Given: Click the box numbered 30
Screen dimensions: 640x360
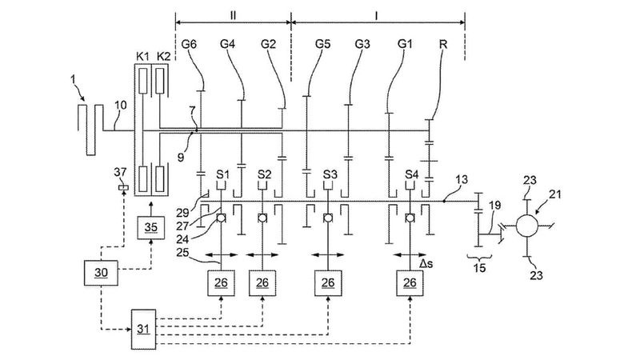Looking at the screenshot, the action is point(101,272).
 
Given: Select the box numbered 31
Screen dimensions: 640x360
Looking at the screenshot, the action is point(143,329).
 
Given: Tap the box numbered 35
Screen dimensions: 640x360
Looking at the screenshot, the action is point(150,227).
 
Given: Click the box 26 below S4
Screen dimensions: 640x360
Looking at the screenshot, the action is point(410,283).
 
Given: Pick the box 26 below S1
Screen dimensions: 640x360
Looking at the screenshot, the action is point(221,283).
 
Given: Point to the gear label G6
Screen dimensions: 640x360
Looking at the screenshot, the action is point(189,43).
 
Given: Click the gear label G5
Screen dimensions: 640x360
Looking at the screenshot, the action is point(322,43).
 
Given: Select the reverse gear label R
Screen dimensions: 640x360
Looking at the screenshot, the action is point(443,43).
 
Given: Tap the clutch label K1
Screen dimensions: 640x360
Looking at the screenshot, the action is point(142,56).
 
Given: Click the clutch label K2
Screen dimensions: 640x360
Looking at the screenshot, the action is point(163,56).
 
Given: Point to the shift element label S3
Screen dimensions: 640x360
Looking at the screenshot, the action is point(330,174).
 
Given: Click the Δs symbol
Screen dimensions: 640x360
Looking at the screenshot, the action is point(426,264).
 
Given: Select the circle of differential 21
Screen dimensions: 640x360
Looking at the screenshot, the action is point(527,226).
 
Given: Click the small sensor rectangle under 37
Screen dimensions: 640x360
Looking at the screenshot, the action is point(123,188).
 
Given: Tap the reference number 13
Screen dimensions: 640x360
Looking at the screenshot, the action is point(462,179).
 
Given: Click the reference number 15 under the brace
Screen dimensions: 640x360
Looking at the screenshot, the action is point(479,268).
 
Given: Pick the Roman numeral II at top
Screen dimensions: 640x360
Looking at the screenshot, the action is point(233,15).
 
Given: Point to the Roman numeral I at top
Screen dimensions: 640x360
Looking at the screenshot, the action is point(376,15).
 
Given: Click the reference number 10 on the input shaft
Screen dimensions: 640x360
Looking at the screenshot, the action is point(121,106).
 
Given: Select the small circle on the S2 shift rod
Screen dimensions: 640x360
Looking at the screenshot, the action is point(262,218).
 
